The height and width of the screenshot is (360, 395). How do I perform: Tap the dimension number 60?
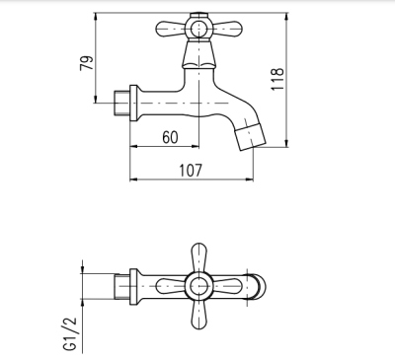tap(169, 137)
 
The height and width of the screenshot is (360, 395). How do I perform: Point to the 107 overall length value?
tap(190, 169)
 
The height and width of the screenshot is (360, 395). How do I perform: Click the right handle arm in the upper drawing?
tap(226, 32)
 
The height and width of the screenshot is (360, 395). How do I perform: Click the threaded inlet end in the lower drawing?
tap(121, 287)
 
